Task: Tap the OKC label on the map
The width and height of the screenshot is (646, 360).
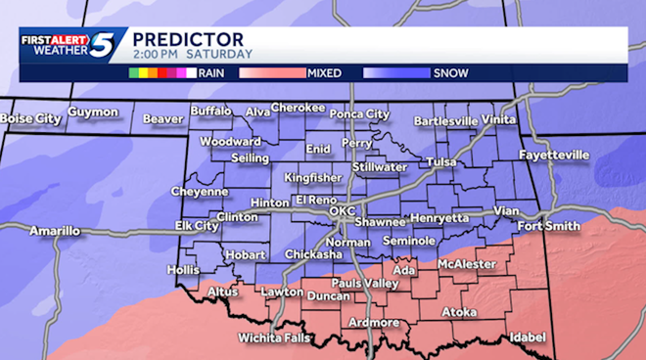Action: point(343,210)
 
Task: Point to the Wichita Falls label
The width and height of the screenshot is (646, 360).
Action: point(274,337)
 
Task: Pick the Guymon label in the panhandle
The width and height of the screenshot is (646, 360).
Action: point(93,112)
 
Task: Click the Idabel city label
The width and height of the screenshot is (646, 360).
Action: point(527,337)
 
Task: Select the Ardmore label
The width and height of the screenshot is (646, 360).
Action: point(374,322)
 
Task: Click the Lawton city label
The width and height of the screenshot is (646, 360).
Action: point(282,292)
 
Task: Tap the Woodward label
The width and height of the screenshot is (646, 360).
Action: point(230,141)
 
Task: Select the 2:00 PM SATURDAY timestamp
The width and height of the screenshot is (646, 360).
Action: point(191,54)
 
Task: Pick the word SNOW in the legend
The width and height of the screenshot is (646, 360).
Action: point(450,72)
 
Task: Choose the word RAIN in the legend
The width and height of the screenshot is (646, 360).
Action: point(211,72)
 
